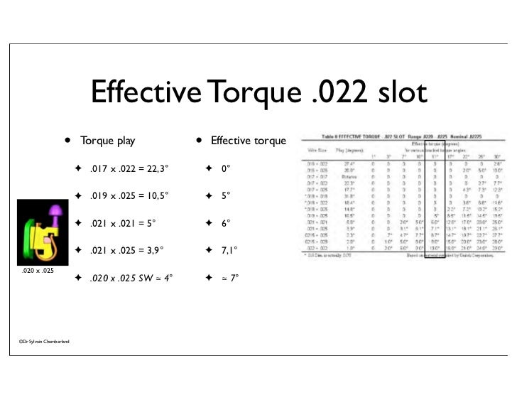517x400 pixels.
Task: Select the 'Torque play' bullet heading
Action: (107, 141)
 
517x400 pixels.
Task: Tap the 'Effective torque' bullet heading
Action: (248, 141)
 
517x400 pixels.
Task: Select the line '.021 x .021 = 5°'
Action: (122, 223)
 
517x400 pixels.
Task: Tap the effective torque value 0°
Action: (227, 169)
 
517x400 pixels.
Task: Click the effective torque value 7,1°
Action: (229, 250)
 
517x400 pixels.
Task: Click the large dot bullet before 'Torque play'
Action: (67, 140)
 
